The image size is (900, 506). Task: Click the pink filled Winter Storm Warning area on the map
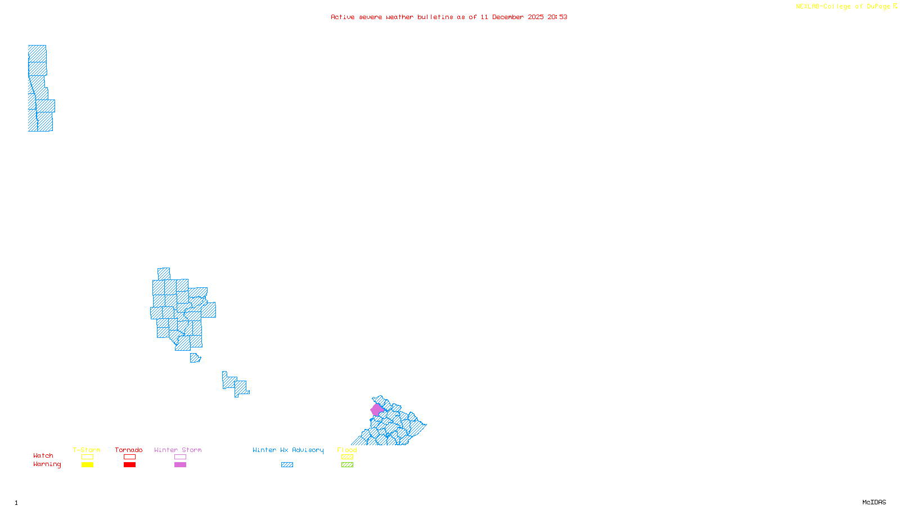376,410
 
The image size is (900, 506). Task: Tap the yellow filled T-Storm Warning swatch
87,465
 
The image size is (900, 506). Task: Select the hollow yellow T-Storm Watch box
87,457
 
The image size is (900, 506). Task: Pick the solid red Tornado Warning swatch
129,465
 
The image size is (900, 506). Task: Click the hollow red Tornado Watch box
129,457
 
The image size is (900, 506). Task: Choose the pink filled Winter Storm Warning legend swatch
180,465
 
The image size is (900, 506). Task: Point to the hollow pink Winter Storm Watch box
180,457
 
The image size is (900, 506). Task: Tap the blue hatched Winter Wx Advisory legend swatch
287,465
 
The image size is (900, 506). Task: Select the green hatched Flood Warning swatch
347,465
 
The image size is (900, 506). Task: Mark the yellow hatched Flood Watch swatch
347,457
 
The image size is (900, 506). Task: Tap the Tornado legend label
129,450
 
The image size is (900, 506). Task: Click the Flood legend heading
347,450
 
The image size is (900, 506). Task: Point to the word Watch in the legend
43,456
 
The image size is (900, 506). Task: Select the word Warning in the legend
47,464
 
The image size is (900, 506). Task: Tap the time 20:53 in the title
557,17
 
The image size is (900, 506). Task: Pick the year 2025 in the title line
535,17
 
